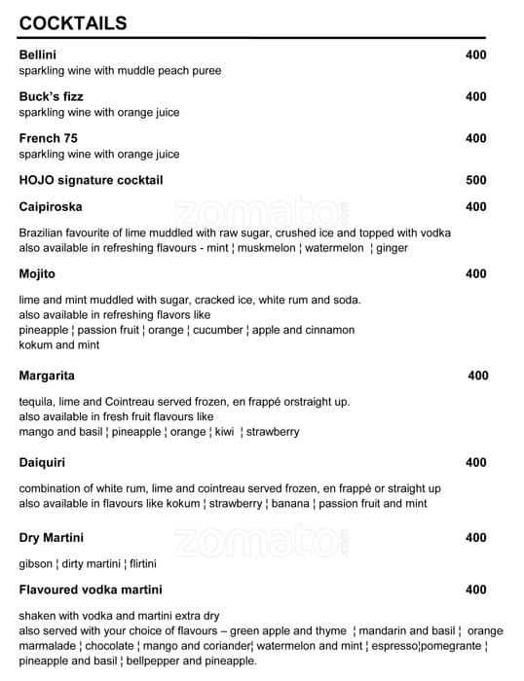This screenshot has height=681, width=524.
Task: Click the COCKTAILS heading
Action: pyautogui.click(x=72, y=23)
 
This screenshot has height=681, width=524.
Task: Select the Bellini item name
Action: pyautogui.click(x=37, y=54)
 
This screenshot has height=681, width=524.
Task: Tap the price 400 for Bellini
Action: pyautogui.click(x=475, y=54)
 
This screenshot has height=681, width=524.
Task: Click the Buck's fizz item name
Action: pyautogui.click(x=51, y=96)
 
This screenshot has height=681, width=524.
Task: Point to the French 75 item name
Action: pyautogui.click(x=48, y=138)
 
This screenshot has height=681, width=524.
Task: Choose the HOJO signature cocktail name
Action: pyautogui.click(x=91, y=180)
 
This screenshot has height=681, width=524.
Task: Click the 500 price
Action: pyautogui.click(x=475, y=180)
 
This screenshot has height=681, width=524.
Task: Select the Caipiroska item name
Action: pyautogui.click(x=51, y=206)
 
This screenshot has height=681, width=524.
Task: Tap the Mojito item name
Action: pyautogui.click(x=37, y=273)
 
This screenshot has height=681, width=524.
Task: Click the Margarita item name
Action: pyautogui.click(x=47, y=376)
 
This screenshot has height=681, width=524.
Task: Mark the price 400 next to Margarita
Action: pyautogui.click(x=478, y=376)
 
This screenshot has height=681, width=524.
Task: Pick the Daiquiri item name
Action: pyautogui.click(x=42, y=462)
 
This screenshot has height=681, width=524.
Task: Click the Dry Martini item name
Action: pyautogui.click(x=51, y=537)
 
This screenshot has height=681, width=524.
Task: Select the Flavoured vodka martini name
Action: pyautogui.click(x=91, y=590)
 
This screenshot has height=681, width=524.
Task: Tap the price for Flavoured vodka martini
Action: pyautogui.click(x=475, y=590)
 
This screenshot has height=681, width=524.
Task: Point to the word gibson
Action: pyautogui.click(x=36, y=563)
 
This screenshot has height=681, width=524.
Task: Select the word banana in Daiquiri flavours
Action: pyautogui.click(x=289, y=503)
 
